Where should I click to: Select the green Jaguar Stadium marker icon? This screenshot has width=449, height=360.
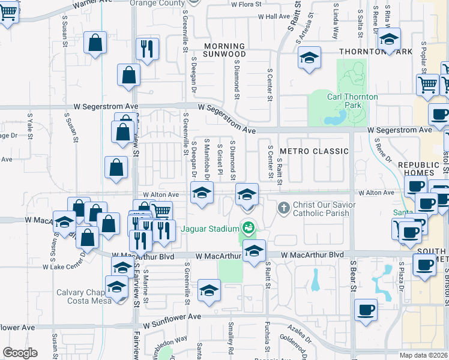[x=247, y=227]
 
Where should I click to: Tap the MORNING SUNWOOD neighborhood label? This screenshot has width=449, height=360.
[x=224, y=50]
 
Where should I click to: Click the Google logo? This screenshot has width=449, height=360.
[x=20, y=353]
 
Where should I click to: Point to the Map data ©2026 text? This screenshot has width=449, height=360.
[x=423, y=355]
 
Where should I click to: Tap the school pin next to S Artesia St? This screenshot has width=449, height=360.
[x=309, y=58]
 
